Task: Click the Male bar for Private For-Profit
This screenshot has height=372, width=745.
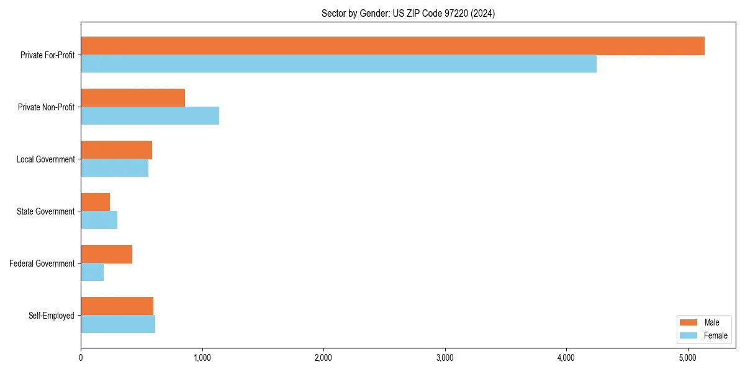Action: tap(392, 46)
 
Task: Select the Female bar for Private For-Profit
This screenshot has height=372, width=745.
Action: tap(338, 64)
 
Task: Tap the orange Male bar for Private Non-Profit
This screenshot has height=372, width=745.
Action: tap(133, 98)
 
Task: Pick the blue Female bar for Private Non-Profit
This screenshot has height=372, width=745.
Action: tap(150, 116)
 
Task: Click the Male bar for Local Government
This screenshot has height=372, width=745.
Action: tap(116, 150)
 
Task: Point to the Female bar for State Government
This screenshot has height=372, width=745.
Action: tap(99, 220)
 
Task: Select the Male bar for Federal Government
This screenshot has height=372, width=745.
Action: tap(106, 254)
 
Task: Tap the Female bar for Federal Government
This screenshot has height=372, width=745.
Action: tap(92, 272)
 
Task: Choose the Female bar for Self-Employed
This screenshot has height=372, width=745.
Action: tap(118, 324)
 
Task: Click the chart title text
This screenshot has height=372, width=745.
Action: tap(408, 13)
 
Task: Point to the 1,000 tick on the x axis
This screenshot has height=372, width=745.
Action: tap(202, 358)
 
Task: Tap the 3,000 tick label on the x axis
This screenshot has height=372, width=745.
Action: tap(445, 358)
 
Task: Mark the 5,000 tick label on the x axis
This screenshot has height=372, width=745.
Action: tap(687, 358)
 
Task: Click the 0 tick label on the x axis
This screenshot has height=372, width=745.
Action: tap(81, 358)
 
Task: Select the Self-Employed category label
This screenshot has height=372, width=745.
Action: tap(51, 316)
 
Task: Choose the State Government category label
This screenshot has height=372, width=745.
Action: tap(45, 211)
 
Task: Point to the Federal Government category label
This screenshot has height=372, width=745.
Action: tap(42, 263)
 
